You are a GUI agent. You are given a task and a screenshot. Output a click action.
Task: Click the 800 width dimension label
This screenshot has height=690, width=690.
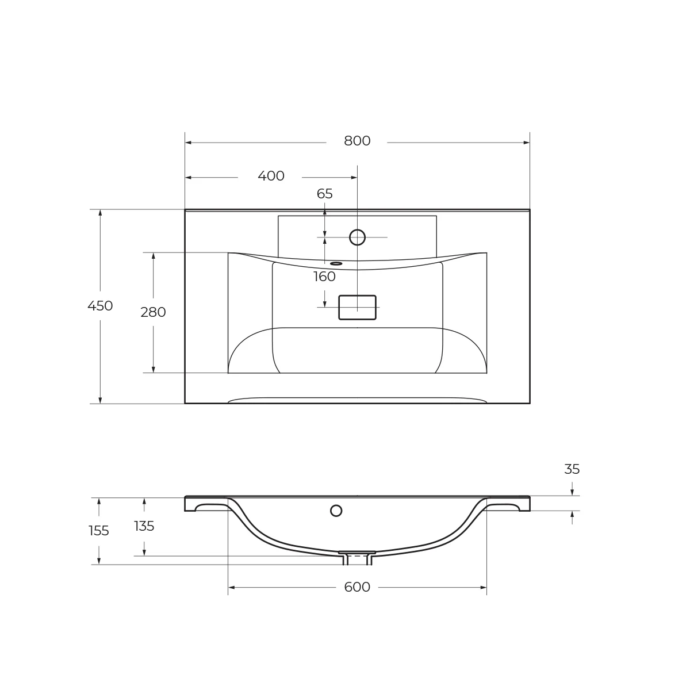point(357,141)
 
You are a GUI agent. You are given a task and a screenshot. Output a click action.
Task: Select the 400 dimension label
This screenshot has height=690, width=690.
point(271,176)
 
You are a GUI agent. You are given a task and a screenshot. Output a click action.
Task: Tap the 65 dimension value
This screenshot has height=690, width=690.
point(325,194)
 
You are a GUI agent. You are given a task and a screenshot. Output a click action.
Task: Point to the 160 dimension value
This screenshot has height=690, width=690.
point(324,277)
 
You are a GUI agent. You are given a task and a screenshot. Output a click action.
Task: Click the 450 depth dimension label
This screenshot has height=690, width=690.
point(100,306)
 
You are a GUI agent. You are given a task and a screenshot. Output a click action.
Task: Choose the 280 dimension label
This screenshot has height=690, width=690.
point(153,312)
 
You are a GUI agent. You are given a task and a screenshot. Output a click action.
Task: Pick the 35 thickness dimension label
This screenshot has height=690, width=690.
point(572,469)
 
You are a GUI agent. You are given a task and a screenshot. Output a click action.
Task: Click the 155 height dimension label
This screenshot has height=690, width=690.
point(98,531)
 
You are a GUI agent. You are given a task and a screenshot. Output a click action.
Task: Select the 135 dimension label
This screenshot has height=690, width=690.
point(144,526)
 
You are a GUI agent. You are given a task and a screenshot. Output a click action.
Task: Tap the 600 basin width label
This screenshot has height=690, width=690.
point(357,587)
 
